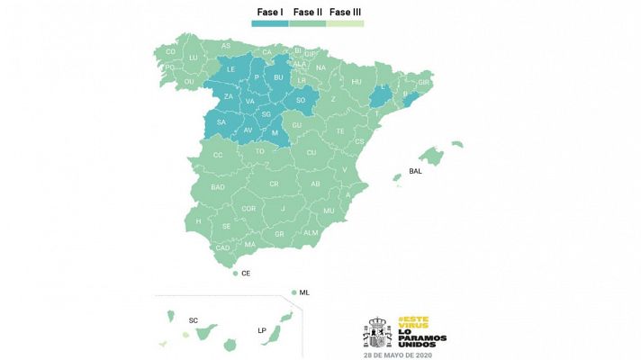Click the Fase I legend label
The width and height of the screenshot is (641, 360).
tap(269, 13)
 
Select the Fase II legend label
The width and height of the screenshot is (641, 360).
tap(308, 13)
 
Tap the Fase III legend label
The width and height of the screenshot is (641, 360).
tap(347, 13)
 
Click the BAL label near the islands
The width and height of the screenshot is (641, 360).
tap(415, 170)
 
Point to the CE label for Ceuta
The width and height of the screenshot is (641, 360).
tap(246, 273)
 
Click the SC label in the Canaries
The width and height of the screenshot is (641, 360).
tap(194, 319)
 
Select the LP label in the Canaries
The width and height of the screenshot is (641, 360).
tap(262, 329)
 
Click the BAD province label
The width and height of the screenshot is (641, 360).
tap(218, 186)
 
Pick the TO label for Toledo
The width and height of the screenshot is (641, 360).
tap(261, 151)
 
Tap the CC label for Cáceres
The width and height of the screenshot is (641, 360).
tap(218, 155)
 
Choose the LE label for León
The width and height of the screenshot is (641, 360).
tap(230, 69)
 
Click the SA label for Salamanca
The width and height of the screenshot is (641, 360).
tap(221, 122)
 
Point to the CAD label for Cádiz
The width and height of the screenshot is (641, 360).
tap(222, 247)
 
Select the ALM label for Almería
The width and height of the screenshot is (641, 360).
tap(311, 232)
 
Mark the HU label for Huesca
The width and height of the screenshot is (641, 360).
tap(357, 81)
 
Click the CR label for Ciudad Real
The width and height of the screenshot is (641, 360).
tap(273, 184)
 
